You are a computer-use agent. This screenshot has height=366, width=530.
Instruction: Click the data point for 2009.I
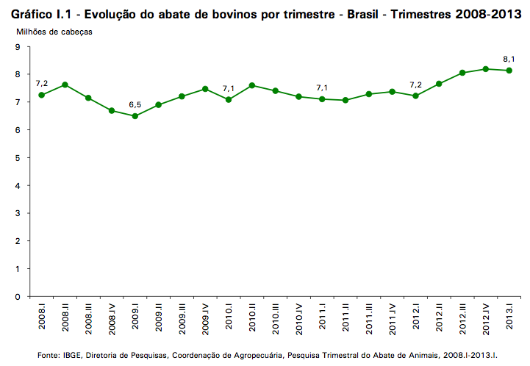click(x=135, y=116)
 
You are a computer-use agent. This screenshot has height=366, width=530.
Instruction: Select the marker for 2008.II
click(x=65, y=85)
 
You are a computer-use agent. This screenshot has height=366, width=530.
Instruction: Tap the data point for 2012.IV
click(x=486, y=69)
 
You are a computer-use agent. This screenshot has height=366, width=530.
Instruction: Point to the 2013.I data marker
click(x=509, y=71)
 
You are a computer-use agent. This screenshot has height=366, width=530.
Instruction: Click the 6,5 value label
click(x=135, y=104)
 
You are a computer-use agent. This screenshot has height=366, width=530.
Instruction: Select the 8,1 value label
click(x=509, y=58)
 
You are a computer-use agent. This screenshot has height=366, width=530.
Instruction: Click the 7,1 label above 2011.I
click(x=322, y=87)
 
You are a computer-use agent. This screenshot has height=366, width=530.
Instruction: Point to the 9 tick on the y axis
click(x=16, y=46)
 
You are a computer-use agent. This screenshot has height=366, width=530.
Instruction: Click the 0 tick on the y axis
click(x=16, y=296)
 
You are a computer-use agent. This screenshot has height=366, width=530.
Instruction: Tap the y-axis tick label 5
click(x=16, y=157)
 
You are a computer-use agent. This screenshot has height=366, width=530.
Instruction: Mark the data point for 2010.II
click(x=252, y=85)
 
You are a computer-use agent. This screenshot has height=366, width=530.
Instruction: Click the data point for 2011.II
click(x=345, y=100)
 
